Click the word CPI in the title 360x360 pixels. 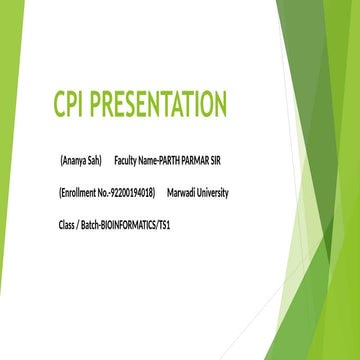point(71,105)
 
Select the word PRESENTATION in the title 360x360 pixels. point(160,105)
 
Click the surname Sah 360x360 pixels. point(94,160)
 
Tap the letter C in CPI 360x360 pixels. point(59,105)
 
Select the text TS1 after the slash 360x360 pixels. point(163,225)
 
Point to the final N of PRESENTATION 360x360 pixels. point(220,105)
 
